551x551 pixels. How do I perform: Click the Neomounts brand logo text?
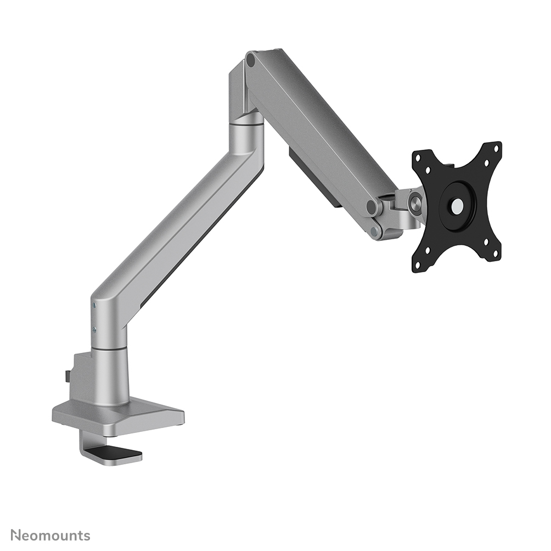point(50,535)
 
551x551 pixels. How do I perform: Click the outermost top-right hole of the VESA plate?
point(497,147)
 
